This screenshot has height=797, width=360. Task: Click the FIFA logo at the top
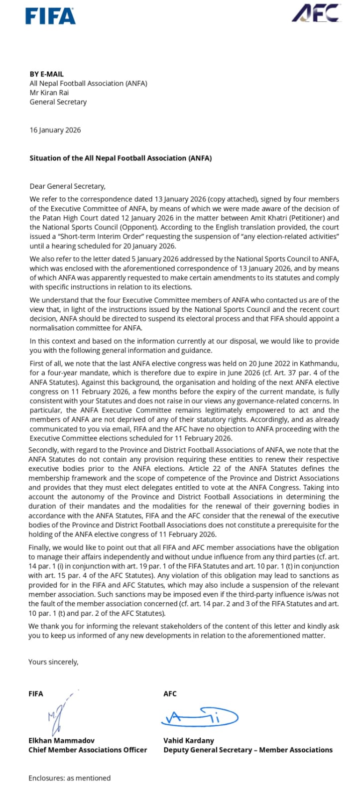point(50,16)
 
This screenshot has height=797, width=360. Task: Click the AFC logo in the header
point(316,13)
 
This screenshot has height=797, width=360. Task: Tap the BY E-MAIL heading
point(47,74)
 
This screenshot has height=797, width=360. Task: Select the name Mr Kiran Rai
point(49,93)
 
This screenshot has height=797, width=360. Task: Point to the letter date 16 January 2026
point(55,130)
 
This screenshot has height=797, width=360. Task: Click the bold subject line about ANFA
point(120,158)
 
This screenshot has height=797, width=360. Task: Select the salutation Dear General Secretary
point(67,186)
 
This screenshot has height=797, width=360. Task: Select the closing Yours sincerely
point(53,662)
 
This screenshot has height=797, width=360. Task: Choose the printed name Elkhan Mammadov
point(61,741)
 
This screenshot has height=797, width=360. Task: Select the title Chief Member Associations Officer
point(88,750)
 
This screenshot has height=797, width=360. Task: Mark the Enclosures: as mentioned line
point(69,778)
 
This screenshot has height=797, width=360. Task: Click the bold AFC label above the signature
point(170,693)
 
